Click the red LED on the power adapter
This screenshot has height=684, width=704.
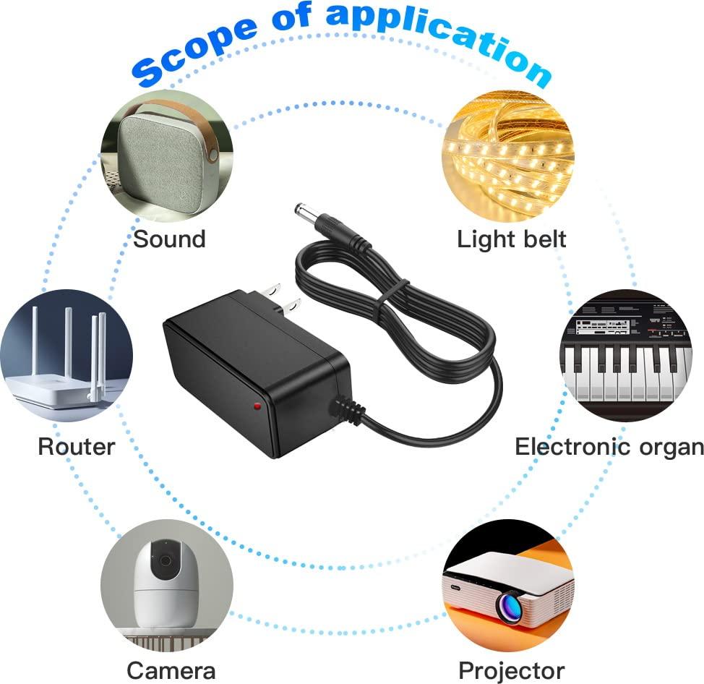click(x=258, y=406)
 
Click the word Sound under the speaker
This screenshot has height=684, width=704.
click(x=170, y=239)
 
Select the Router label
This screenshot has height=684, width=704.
click(x=77, y=446)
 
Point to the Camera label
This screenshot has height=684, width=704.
click(x=171, y=670)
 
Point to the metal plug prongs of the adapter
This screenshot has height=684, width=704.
click(x=282, y=298)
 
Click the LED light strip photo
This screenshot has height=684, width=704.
click(x=508, y=156)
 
